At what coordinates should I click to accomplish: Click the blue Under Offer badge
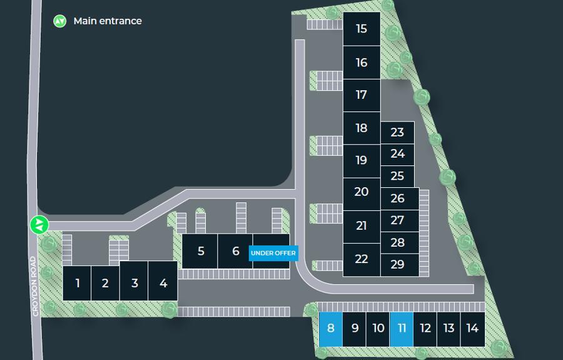(273, 253)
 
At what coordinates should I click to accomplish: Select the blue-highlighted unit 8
(331, 329)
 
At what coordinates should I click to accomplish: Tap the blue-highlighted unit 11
(402, 329)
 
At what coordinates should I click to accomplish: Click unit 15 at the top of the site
(362, 29)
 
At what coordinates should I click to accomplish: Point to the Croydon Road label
(34, 286)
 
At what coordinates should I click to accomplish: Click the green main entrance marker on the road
(39, 225)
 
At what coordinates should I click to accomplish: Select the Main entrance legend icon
(60, 21)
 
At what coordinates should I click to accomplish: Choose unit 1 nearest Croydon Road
(77, 283)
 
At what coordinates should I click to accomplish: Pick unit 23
(397, 133)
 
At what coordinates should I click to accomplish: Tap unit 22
(362, 259)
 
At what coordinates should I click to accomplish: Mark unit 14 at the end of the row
(472, 329)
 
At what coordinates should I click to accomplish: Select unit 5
(200, 251)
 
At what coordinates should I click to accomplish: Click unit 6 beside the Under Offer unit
(235, 251)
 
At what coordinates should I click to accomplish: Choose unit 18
(362, 128)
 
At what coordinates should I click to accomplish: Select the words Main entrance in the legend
(108, 21)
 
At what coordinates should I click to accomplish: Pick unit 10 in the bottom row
(378, 329)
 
